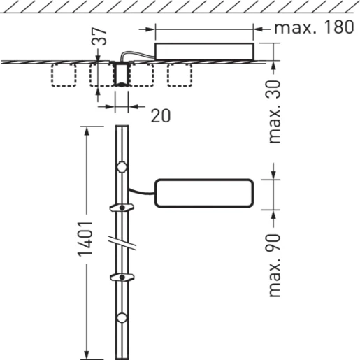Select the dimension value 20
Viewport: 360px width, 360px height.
point(160,115)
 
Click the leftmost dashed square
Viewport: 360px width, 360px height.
point(65,75)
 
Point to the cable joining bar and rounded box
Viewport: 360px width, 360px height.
point(141,190)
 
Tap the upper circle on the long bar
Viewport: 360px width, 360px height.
point(122,167)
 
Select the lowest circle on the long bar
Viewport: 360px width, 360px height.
point(122,319)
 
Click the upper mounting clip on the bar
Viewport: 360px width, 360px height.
point(122,207)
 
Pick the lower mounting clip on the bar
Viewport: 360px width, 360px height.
point(122,278)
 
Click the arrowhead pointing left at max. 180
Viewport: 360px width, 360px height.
point(259,29)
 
